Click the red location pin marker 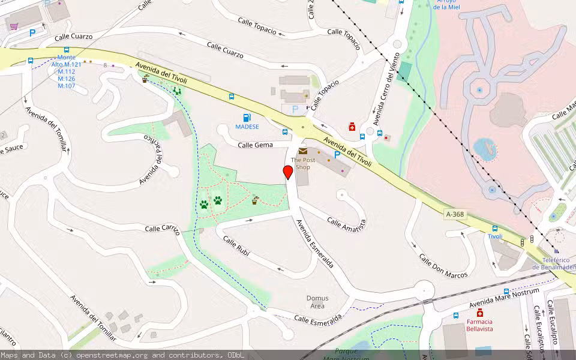click(x=288, y=173)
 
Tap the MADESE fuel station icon click(x=247, y=118)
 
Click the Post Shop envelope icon click(x=303, y=151)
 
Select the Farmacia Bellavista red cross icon click(x=480, y=313)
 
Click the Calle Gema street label click(x=255, y=145)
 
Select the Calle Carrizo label click(x=162, y=228)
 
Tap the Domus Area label click(x=317, y=302)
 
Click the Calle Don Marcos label click(x=443, y=266)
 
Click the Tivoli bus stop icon click(x=494, y=228)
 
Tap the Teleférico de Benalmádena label click(x=553, y=263)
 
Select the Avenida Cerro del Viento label click(x=385, y=89)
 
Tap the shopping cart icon click(x=14, y=26)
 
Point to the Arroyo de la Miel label click(x=445, y=5)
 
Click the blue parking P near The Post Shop click(x=337, y=155)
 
